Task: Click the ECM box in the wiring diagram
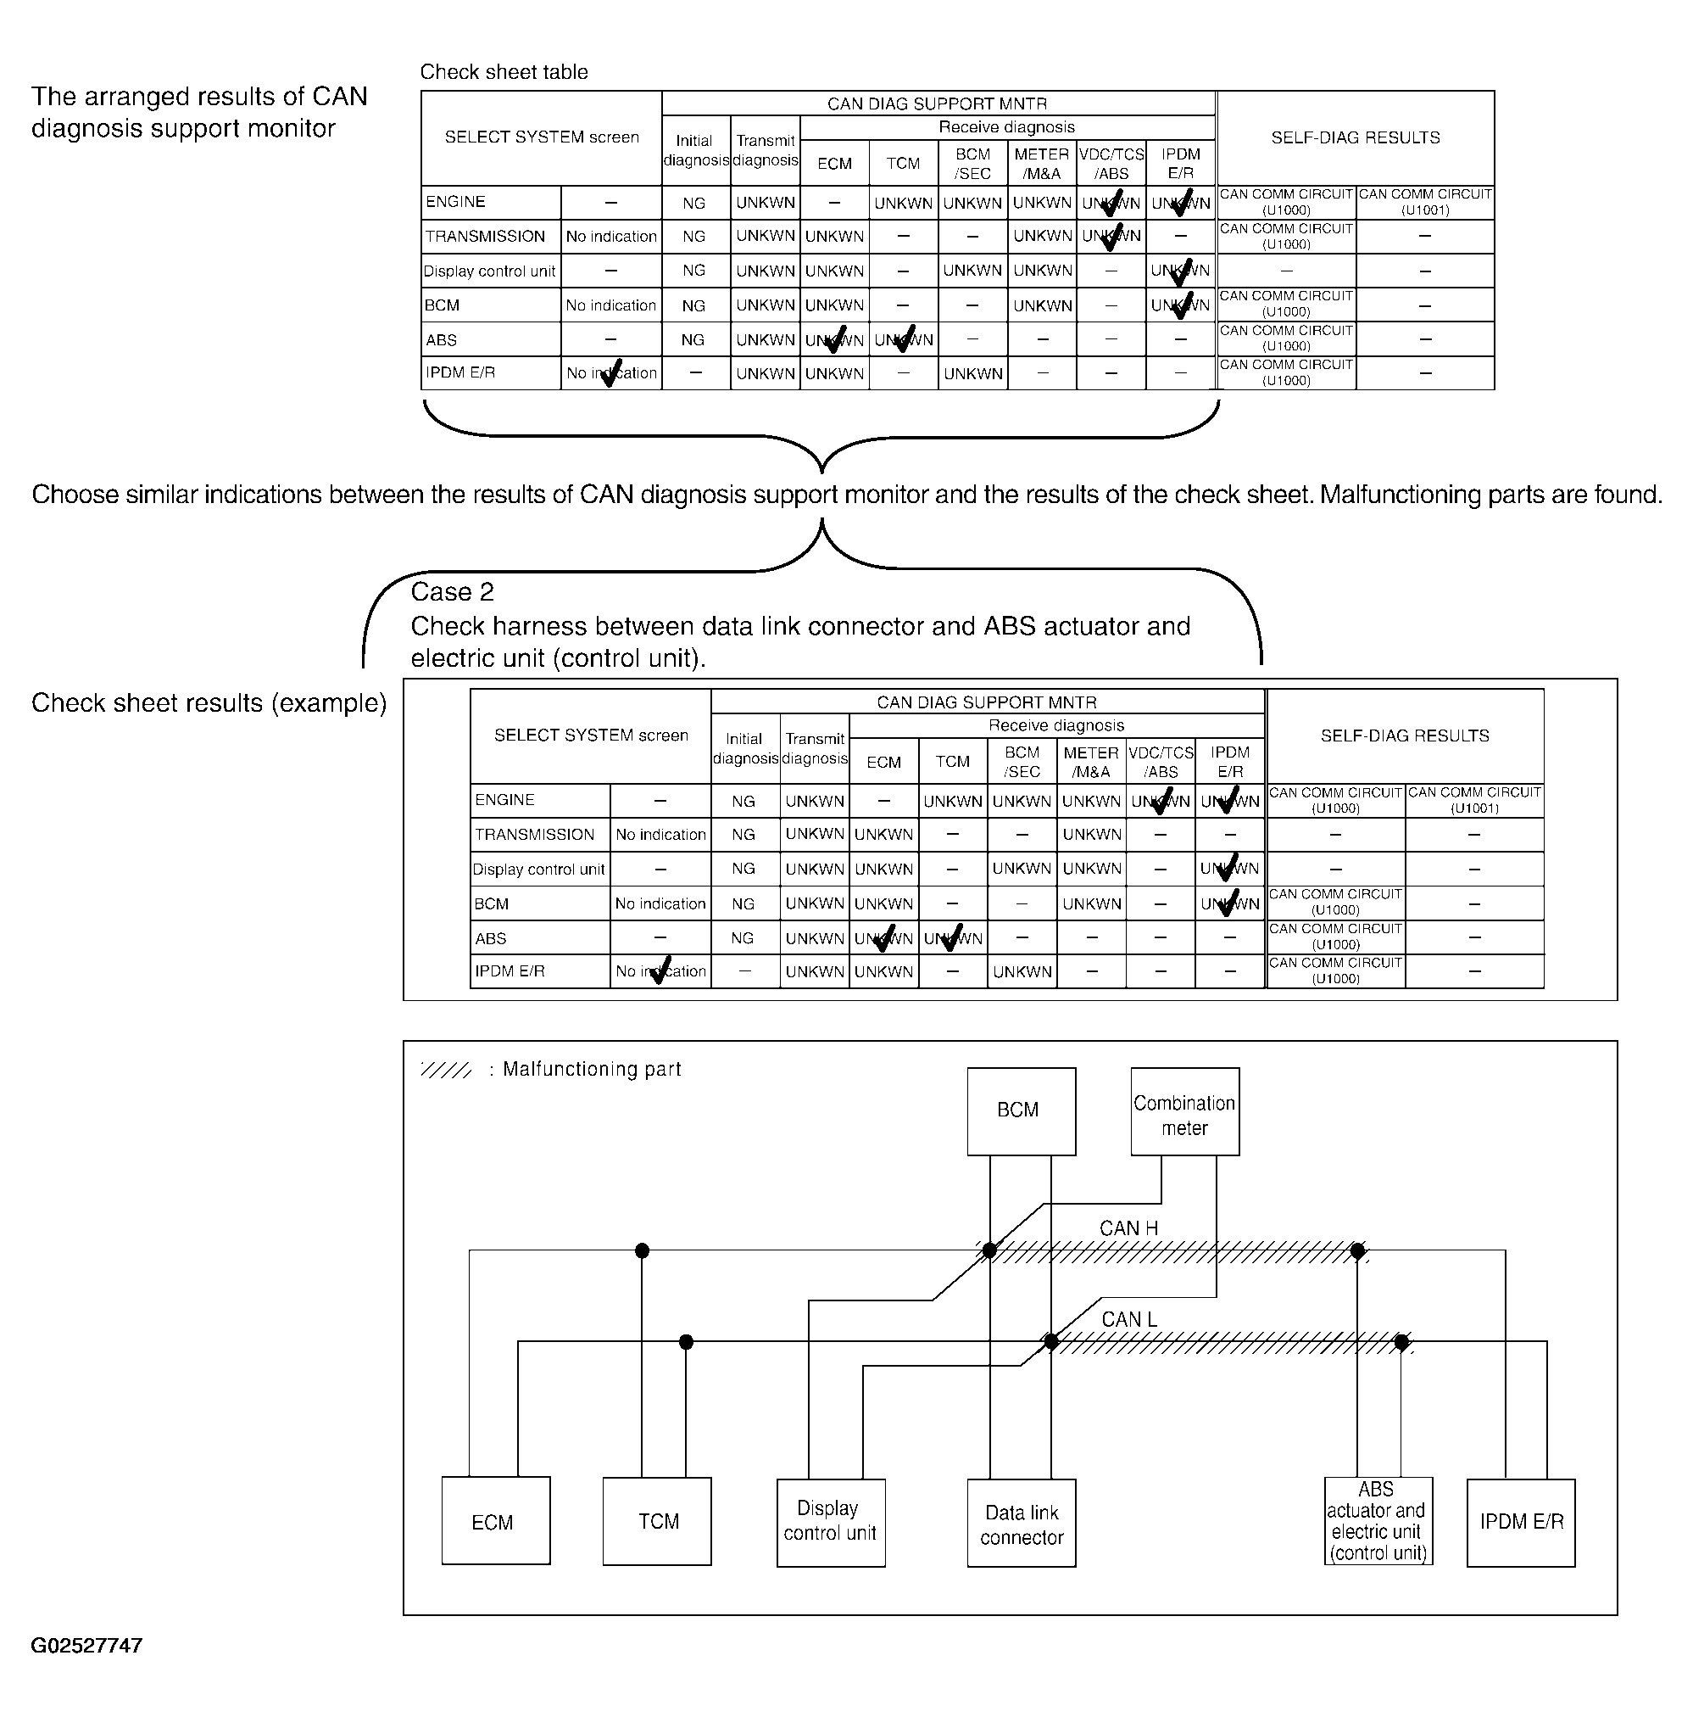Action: (x=496, y=1520)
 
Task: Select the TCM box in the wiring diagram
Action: (x=656, y=1520)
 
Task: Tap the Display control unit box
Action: (x=831, y=1523)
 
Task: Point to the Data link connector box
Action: (x=1022, y=1523)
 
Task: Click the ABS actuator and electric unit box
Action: (x=1378, y=1520)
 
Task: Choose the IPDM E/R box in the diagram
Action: (x=1521, y=1523)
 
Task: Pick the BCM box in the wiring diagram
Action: (x=1022, y=1111)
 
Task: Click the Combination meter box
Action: (x=1185, y=1111)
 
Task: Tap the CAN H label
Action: (x=1128, y=1228)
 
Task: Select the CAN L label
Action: (x=1129, y=1319)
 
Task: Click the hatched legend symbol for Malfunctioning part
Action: (x=446, y=1069)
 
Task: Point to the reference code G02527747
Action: (x=86, y=1646)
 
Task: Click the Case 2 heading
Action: (x=452, y=592)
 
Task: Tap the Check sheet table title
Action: (x=504, y=72)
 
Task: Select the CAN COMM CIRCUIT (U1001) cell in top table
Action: (x=1425, y=202)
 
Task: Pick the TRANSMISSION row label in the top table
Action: (x=485, y=237)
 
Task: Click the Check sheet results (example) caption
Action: (x=209, y=703)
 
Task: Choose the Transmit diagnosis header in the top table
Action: (x=765, y=150)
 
